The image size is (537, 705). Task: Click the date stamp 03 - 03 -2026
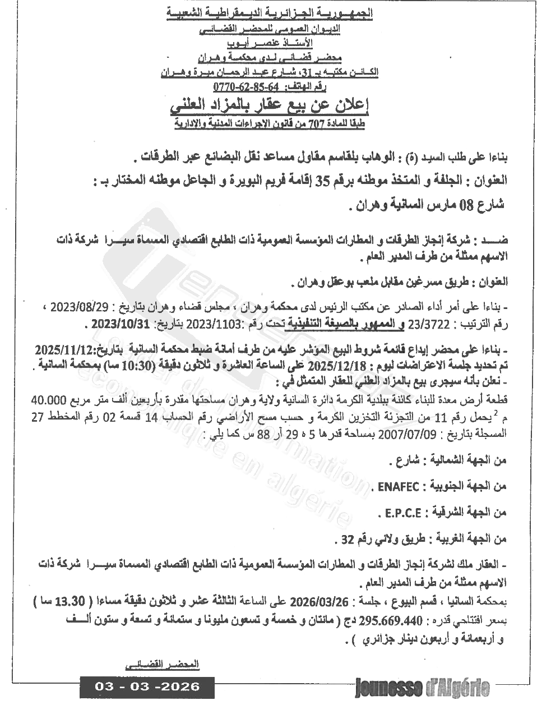pos(147,686)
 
